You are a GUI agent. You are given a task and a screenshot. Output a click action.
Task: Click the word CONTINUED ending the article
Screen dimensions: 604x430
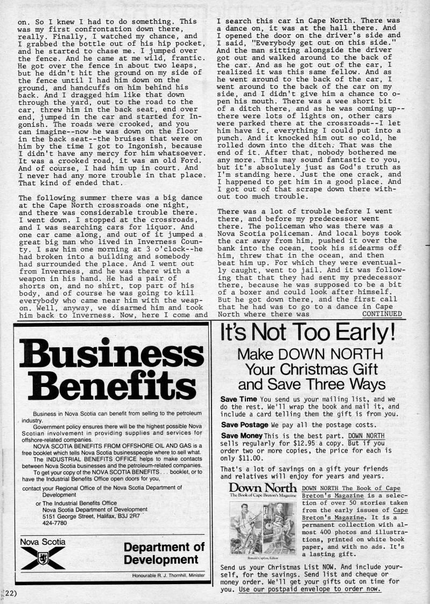click(382, 314)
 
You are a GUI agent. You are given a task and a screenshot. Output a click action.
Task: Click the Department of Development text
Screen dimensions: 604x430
click(164, 553)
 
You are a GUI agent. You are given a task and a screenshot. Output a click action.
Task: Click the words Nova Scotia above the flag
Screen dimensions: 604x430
click(42, 542)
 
